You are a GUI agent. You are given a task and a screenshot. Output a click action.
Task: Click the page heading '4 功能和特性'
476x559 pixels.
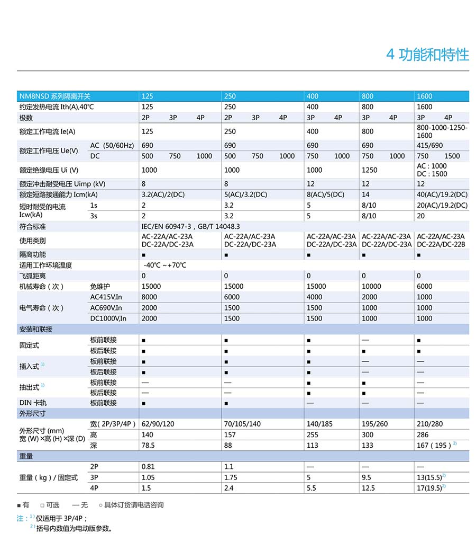(x=427, y=55)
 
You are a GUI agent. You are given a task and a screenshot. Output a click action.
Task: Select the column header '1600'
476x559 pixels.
(x=424, y=96)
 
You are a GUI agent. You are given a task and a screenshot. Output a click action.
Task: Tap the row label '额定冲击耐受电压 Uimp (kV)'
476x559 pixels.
(x=62, y=184)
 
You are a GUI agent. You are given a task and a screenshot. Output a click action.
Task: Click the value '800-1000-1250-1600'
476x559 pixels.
(x=442, y=131)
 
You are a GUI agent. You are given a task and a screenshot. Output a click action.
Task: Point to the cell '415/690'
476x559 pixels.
(x=430, y=145)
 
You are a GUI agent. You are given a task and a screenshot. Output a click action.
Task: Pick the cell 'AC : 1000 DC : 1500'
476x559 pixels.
(x=432, y=170)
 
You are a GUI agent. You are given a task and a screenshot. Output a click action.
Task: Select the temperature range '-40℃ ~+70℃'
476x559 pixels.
(x=164, y=265)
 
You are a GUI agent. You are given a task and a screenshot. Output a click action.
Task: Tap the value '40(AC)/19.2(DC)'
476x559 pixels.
(x=442, y=194)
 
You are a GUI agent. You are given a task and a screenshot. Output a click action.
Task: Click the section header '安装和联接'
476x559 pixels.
(x=35, y=329)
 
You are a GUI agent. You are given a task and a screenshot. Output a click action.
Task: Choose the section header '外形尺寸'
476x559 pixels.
(x=32, y=413)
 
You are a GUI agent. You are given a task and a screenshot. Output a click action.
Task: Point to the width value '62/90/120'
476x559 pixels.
(x=158, y=424)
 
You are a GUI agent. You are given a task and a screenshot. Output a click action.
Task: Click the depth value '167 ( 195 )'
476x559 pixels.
(x=434, y=445)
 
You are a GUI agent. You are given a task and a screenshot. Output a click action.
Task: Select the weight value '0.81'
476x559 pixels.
(x=148, y=467)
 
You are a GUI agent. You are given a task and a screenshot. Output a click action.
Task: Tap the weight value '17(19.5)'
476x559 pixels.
(x=429, y=488)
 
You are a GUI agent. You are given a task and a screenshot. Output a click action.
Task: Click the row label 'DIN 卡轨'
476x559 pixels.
(x=33, y=403)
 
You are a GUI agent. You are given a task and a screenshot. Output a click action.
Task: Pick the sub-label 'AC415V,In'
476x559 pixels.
(x=106, y=297)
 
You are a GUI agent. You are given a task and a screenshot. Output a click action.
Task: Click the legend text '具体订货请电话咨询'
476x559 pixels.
(x=134, y=505)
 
